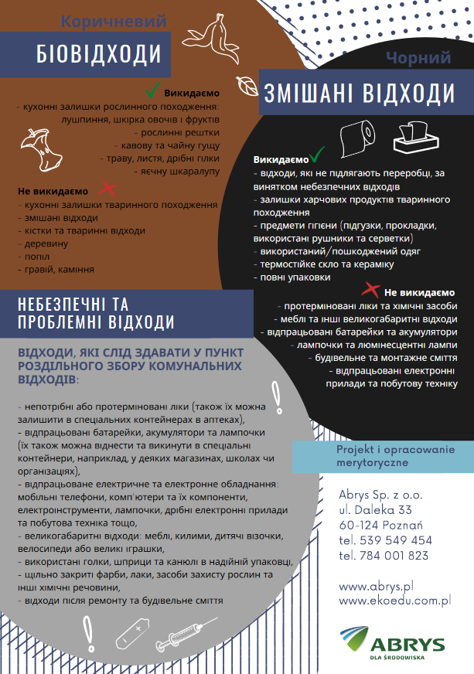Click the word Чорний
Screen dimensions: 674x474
(418, 58)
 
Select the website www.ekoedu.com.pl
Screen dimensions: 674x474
(394, 599)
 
